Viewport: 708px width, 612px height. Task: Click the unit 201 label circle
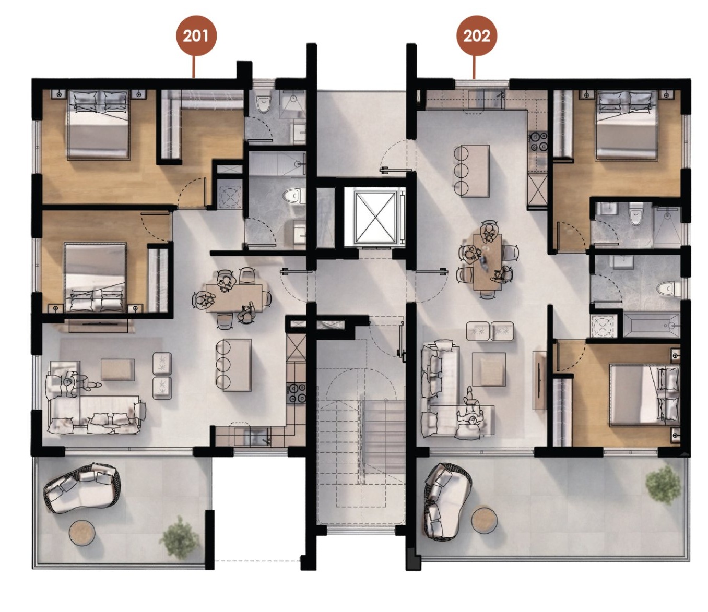(196, 35)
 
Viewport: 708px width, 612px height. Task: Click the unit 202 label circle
(477, 35)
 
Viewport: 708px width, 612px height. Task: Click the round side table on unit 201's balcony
(82, 533)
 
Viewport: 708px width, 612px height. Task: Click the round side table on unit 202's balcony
(484, 521)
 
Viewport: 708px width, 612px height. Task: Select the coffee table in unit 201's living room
(118, 370)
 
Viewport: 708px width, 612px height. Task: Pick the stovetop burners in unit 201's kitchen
(297, 392)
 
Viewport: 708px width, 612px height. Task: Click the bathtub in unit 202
(651, 326)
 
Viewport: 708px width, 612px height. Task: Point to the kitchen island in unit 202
(475, 171)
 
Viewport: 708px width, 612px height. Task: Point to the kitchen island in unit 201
(237, 365)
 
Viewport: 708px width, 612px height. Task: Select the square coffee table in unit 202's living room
(489, 369)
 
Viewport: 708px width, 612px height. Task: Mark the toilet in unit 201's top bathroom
(264, 103)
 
